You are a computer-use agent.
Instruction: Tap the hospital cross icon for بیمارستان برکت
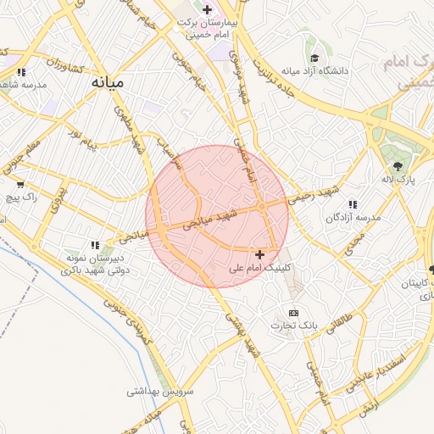click(x=208, y=9)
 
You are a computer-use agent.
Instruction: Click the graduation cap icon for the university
click(x=314, y=58)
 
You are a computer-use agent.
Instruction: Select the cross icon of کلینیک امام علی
click(x=259, y=253)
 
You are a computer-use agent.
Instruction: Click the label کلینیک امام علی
click(x=260, y=267)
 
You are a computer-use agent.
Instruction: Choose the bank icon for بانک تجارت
click(x=294, y=313)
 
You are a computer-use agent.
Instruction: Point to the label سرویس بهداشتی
click(x=160, y=392)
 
